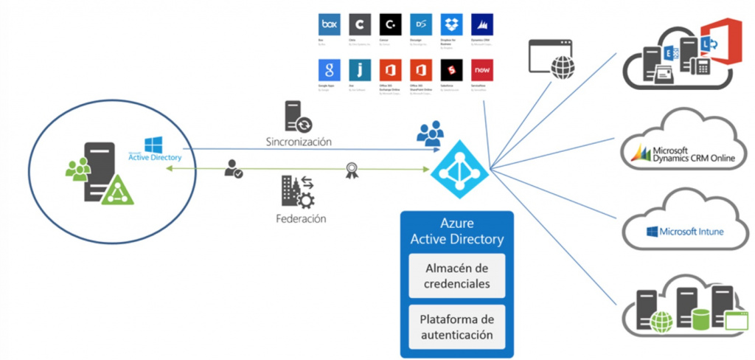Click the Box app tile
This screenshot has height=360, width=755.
click(329, 25)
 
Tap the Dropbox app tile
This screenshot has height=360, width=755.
click(450, 25)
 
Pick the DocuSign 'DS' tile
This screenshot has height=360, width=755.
click(420, 25)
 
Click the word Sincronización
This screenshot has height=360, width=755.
click(299, 140)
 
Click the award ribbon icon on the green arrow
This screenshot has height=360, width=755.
click(352, 172)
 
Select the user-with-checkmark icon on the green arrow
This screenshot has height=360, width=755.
click(234, 169)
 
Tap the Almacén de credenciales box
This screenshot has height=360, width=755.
click(456, 274)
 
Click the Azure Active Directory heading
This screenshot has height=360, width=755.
click(457, 232)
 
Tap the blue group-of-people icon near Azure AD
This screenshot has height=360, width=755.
click(430, 134)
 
